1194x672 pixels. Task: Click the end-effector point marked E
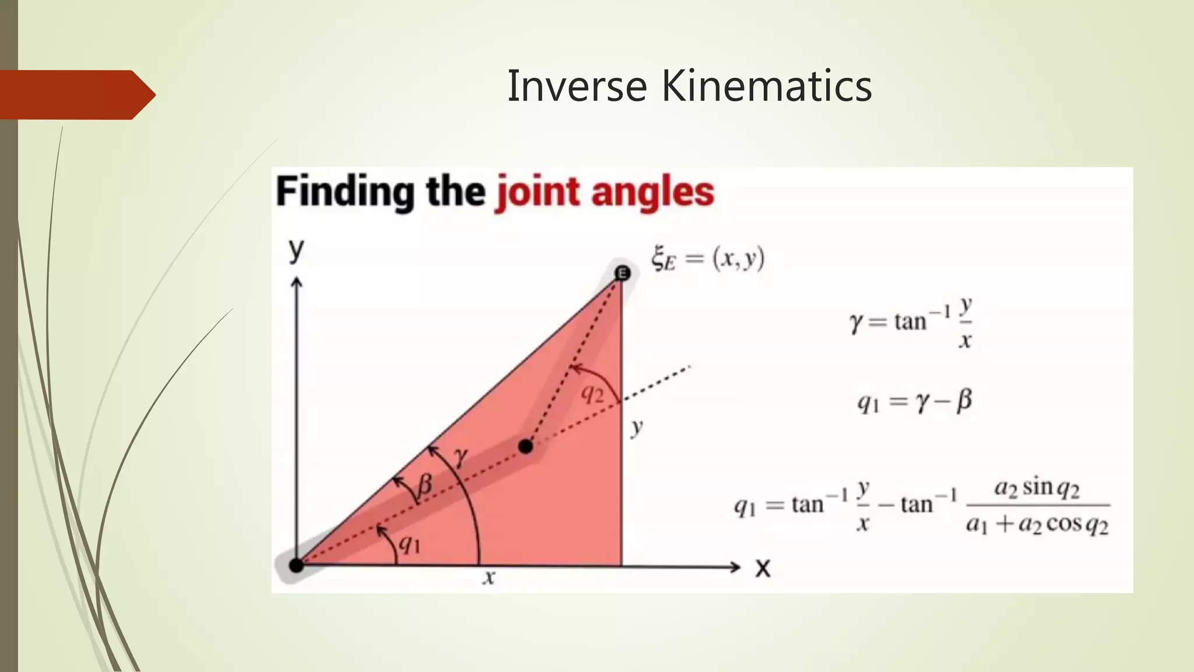(x=623, y=272)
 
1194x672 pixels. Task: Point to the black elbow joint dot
(x=526, y=447)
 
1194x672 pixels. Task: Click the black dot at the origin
(x=297, y=565)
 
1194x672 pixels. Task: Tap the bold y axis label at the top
(x=296, y=250)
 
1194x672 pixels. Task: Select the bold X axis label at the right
(x=763, y=568)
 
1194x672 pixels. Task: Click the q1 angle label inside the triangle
(x=409, y=544)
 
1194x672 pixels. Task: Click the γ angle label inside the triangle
(x=461, y=456)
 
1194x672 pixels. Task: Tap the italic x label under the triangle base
(x=489, y=577)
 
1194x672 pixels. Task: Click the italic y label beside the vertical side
(x=637, y=427)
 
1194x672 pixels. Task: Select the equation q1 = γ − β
(x=914, y=401)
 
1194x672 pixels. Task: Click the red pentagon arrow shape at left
(x=76, y=94)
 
